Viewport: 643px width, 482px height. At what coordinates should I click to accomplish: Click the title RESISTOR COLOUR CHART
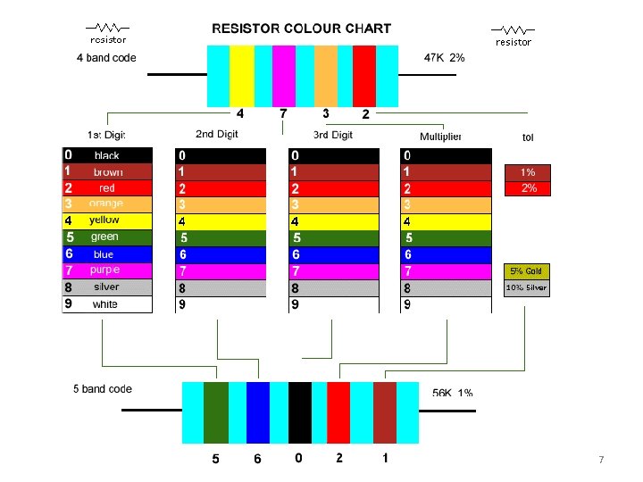tap(301, 28)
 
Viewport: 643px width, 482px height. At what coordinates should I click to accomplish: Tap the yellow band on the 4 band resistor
tap(242, 76)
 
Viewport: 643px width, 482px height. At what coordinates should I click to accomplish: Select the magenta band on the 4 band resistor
tap(284, 76)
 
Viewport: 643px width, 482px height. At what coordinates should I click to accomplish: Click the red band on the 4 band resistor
tap(364, 76)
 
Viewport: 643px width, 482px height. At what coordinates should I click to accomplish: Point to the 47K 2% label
tap(444, 58)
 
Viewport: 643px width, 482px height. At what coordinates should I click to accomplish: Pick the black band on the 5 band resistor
tap(300, 412)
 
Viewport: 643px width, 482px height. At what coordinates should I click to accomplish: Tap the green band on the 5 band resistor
tap(216, 412)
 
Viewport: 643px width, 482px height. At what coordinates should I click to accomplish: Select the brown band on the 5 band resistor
tap(385, 412)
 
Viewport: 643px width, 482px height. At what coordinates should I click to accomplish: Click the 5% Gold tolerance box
tap(527, 271)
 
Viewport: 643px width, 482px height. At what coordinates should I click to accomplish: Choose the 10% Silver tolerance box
tap(527, 288)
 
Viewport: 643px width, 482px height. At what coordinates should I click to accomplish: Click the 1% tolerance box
tap(528, 171)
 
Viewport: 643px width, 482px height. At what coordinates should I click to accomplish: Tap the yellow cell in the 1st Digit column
tap(107, 220)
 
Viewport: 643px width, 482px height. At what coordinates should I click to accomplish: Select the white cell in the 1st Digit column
tap(107, 304)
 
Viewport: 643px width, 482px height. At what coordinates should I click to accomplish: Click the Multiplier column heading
tap(440, 137)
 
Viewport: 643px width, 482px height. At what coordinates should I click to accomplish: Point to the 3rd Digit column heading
tap(333, 135)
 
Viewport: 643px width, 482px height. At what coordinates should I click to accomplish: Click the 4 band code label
tap(106, 59)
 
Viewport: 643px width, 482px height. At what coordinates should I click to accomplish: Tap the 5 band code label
tap(102, 389)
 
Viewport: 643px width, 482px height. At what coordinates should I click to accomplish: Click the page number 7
tap(601, 460)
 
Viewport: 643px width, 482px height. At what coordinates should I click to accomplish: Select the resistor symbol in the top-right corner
tap(514, 34)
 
